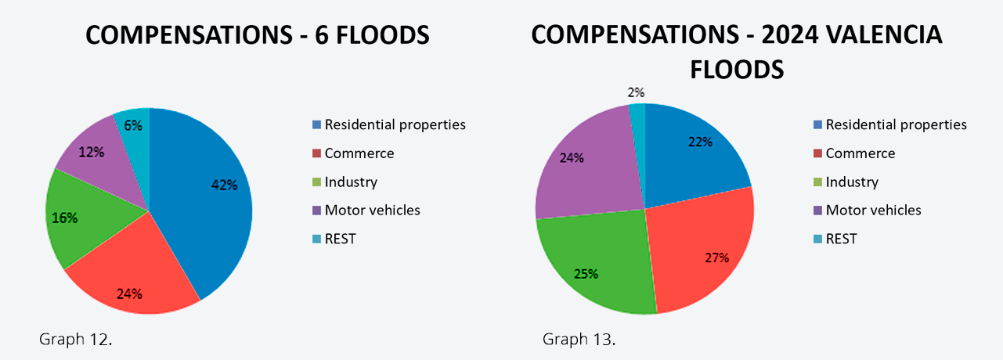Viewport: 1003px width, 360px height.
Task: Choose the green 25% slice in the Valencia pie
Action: (595, 266)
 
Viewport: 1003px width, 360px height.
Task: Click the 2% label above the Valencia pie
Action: (637, 93)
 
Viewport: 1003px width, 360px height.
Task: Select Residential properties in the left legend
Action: (395, 124)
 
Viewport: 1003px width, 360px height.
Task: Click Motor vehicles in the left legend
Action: (372, 210)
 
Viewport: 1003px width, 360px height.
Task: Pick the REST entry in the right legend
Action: (841, 239)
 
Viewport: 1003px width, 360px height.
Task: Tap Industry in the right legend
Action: (852, 182)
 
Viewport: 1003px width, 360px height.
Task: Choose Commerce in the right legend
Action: (860, 153)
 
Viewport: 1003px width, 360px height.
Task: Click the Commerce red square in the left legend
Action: (316, 153)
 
